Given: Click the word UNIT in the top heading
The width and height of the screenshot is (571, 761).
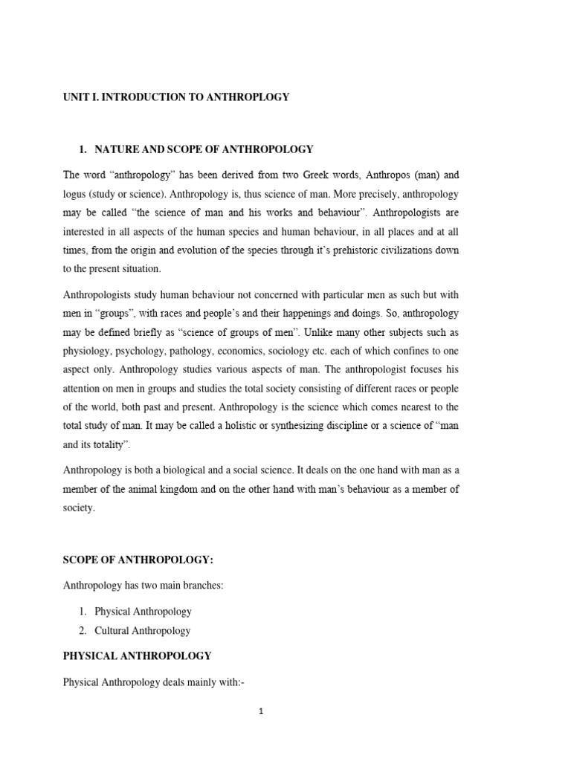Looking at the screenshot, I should pyautogui.click(x=77, y=97).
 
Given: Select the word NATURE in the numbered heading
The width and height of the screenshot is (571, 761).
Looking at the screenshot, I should pyautogui.click(x=117, y=149).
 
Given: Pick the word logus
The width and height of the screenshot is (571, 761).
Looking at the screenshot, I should pyautogui.click(x=76, y=195).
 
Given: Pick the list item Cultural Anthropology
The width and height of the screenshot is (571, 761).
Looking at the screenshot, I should pyautogui.click(x=143, y=630).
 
